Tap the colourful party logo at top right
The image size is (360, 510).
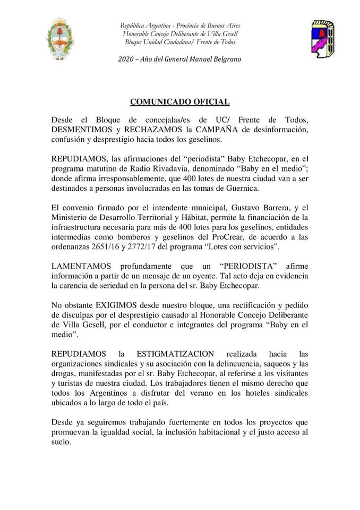tap(322, 39)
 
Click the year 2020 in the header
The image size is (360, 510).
tap(126, 59)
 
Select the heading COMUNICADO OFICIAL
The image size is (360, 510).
tap(180, 101)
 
